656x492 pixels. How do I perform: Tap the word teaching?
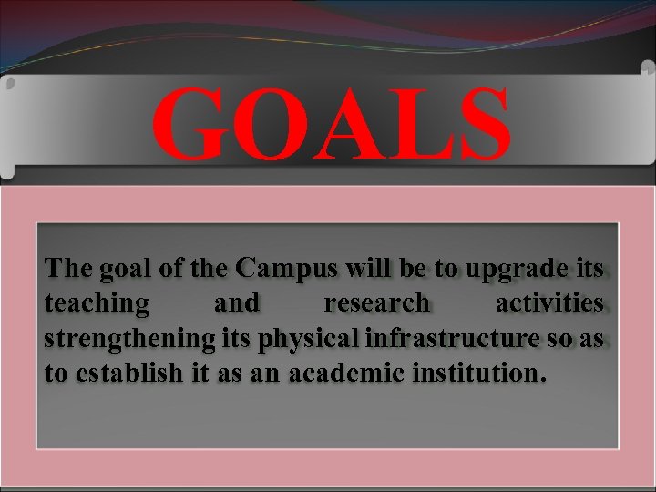[x=97, y=303]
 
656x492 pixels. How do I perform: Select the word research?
[x=376, y=303]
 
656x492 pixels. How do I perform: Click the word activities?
[x=548, y=303]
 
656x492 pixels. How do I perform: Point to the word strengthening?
[x=129, y=338]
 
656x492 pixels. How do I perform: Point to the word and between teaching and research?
[x=237, y=303]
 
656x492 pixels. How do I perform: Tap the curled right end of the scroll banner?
[x=645, y=118]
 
